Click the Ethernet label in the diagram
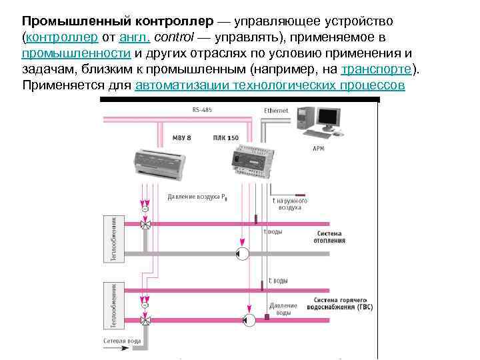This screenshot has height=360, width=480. point(276,110)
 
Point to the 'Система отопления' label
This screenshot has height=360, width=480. point(331,237)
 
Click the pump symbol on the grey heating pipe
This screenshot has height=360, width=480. point(243,253)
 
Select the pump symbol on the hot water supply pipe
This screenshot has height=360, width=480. point(250,320)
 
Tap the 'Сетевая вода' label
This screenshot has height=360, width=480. point(122,341)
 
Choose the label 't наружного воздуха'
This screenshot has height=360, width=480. point(289,203)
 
